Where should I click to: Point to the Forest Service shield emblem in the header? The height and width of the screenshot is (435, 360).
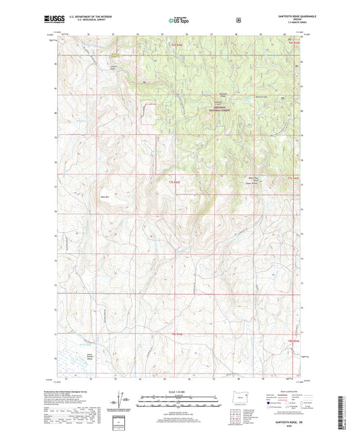(x=237, y=21)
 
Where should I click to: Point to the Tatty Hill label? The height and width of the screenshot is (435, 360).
(x=104, y=197)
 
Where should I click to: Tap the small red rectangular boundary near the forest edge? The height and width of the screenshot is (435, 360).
(x=148, y=113)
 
